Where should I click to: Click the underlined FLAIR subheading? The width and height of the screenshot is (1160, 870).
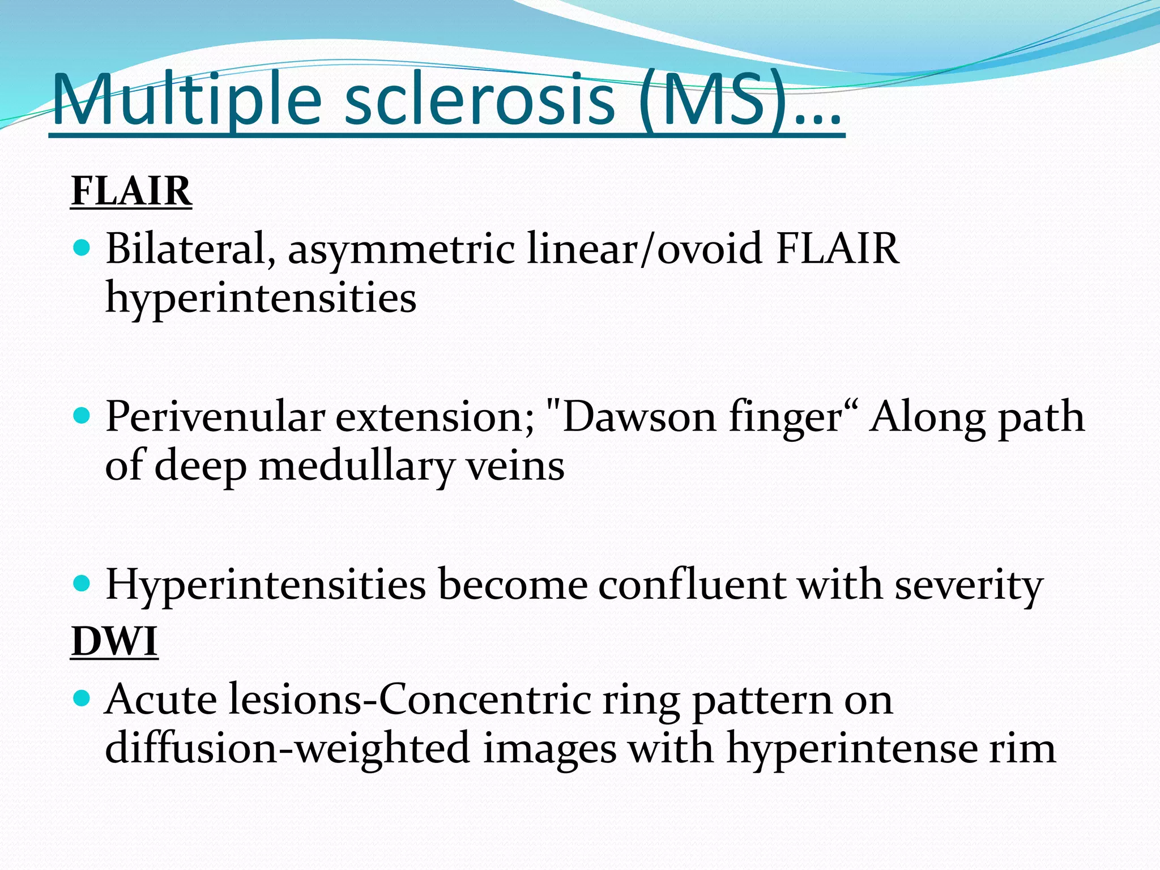(x=131, y=191)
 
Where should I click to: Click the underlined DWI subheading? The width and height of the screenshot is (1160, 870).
(x=114, y=642)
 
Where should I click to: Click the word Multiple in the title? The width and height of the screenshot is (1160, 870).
(x=187, y=100)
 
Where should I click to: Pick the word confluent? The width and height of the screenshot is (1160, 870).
(x=692, y=585)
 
